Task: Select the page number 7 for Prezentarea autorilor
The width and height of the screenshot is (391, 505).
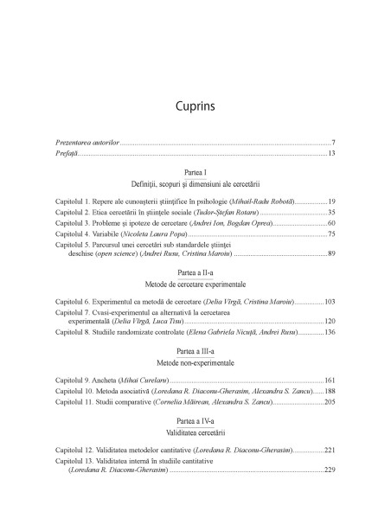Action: pyautogui.click(x=333, y=141)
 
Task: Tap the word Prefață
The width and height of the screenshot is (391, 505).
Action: pyautogui.click(x=66, y=153)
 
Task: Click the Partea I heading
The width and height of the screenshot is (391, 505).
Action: pyautogui.click(x=195, y=174)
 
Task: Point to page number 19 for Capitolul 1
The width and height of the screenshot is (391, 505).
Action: pyautogui.click(x=331, y=200)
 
